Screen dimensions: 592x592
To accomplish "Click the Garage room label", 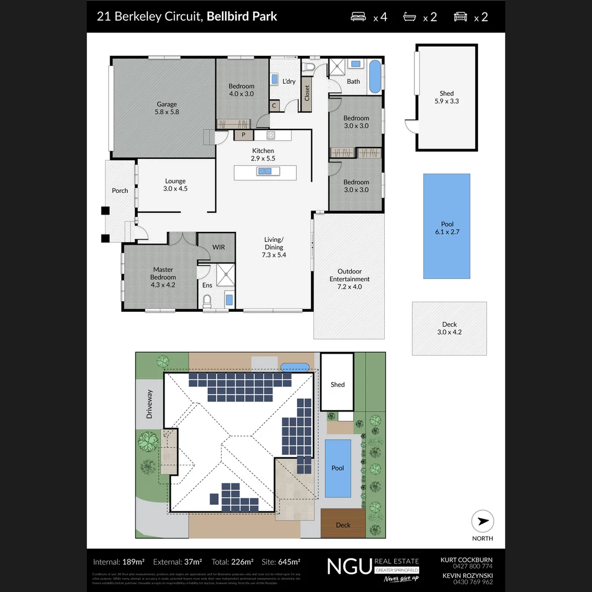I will coord(167,107).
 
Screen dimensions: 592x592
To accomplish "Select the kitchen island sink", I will coord(265,172).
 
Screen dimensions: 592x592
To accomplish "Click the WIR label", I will coord(218,247).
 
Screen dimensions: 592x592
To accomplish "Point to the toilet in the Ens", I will coord(207,301).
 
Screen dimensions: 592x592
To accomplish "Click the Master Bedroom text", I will coord(163,273).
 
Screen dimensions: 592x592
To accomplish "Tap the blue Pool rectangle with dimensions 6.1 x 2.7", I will coord(446,226).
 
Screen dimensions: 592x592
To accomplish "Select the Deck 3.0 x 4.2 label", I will coord(449,328).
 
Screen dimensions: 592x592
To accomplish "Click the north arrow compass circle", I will coord(482,521).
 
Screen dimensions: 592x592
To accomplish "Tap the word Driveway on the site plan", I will coord(149,405).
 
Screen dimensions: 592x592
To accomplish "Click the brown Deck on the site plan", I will coord(343,524).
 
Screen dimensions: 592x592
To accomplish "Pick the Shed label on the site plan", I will coord(337,384).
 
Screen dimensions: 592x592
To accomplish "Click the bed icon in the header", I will coord(358,17).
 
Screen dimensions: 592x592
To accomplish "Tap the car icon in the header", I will coord(460,17).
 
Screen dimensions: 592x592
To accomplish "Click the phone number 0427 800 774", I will coord(466,566).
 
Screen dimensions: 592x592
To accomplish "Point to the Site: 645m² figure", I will coord(281,562).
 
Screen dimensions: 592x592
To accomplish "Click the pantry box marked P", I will coord(243,135).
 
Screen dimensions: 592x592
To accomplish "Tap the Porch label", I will coord(119,190).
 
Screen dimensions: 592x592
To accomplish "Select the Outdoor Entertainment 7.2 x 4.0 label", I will coord(349,279).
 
